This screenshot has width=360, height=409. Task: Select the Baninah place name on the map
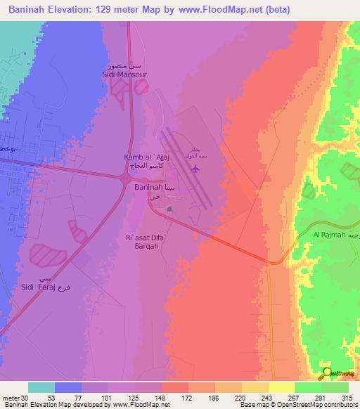pos(148,188)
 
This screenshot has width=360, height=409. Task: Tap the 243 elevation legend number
pos(268,398)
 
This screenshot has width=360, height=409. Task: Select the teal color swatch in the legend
pos(41,387)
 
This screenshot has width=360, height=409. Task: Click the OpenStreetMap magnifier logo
pos(327,374)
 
